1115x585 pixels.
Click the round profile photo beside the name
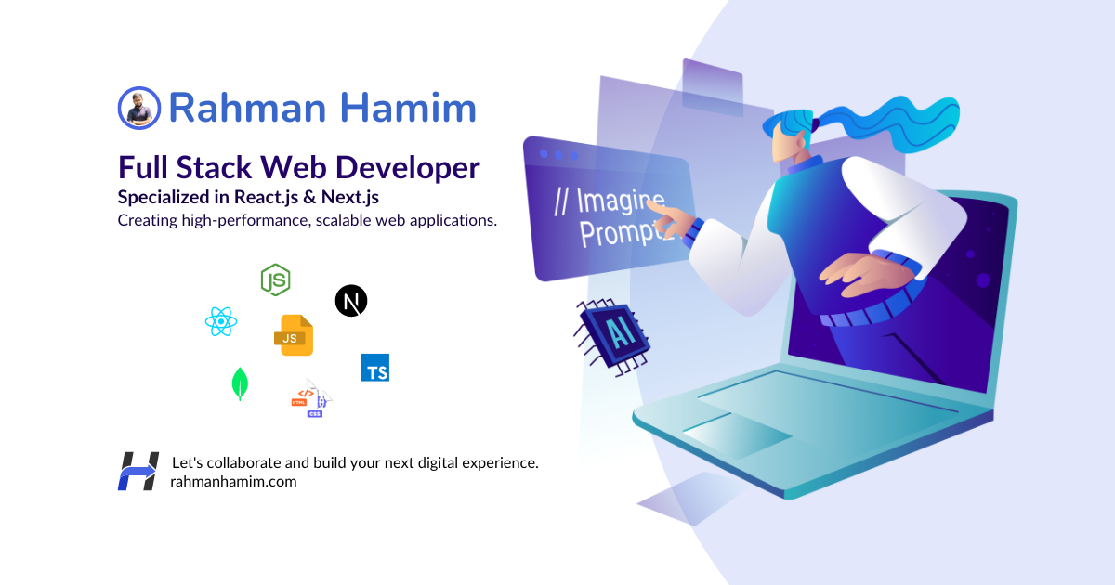139,108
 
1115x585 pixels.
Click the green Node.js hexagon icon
275,279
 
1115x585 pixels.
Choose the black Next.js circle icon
350,301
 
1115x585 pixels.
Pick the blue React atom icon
221,322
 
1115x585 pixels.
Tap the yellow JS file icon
294,335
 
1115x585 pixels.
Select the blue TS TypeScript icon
375,368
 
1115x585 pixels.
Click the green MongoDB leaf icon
240,383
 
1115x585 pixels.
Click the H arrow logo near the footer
138,471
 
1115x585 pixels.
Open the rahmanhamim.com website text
233,481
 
